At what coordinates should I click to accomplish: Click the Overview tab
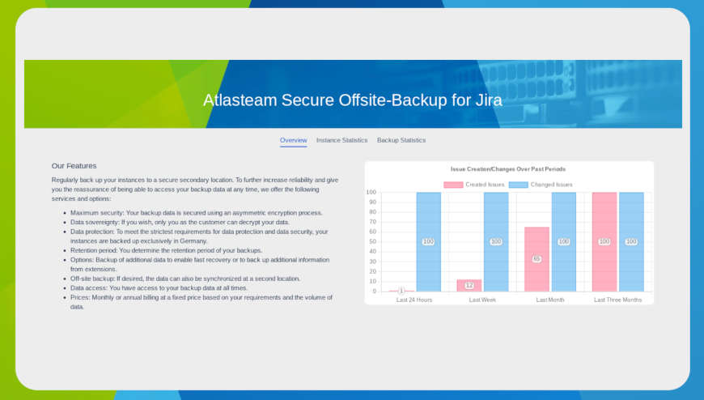point(293,140)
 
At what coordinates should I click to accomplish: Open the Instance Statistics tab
point(341,140)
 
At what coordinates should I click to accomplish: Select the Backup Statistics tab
point(401,140)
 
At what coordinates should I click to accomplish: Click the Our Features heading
point(74,166)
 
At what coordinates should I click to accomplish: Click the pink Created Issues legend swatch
point(453,185)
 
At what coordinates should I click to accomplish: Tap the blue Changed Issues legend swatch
point(518,185)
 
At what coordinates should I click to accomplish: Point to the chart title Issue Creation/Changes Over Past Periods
point(508,169)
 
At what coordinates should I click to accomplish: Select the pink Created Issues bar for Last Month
point(537,259)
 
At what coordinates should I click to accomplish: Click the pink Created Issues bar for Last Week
point(469,285)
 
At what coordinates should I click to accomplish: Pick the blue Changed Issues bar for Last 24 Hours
point(428,242)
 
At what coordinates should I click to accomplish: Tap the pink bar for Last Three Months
point(604,242)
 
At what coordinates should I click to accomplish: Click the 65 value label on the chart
point(537,259)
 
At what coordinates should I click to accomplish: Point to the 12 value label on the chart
point(469,285)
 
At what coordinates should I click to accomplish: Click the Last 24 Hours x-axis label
point(414,300)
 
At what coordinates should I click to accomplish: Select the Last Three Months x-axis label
point(617,300)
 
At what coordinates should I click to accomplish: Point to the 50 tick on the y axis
point(373,242)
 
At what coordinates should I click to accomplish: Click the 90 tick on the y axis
point(373,202)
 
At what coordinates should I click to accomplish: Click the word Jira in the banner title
point(489,100)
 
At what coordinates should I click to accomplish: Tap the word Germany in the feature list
point(193,241)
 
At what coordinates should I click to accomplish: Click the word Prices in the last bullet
point(80,297)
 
